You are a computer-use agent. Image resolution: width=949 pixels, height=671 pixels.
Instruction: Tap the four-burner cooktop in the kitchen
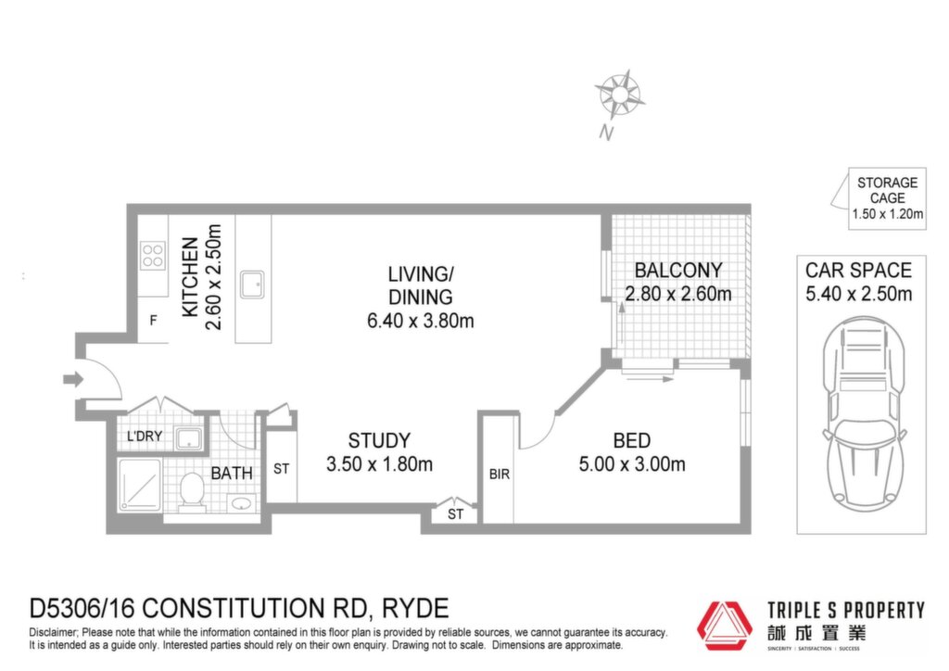[x=153, y=255]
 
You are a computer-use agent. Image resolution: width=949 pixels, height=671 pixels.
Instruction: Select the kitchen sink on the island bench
[x=252, y=285]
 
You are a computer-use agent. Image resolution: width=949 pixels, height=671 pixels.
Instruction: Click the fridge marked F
[x=153, y=320]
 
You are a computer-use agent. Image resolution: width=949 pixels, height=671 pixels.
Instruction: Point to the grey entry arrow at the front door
[x=73, y=379]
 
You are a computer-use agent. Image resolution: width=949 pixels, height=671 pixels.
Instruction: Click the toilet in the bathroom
[x=193, y=491]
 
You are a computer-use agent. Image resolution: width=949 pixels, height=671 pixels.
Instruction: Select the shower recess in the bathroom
[x=140, y=486]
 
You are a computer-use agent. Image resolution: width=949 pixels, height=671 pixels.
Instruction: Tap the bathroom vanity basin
[x=242, y=503]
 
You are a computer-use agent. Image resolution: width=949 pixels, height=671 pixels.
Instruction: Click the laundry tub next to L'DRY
[x=189, y=438]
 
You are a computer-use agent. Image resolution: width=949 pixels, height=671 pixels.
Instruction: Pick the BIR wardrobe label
[x=500, y=475]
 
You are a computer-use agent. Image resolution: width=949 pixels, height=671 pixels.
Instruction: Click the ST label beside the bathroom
[x=282, y=468]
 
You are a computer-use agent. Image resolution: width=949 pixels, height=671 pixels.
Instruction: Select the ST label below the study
[x=456, y=514]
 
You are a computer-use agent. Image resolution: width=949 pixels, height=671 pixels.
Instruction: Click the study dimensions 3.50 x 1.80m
[x=379, y=464]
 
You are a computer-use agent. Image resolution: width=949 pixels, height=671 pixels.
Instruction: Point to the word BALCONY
[x=678, y=271]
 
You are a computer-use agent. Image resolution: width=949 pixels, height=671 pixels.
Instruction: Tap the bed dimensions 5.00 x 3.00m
[x=632, y=464]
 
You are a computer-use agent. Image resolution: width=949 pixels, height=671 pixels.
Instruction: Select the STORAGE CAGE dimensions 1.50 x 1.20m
[x=888, y=213]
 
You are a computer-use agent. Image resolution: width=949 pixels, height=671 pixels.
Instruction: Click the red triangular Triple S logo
[x=725, y=626]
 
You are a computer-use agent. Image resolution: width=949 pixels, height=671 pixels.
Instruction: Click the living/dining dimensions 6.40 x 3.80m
[x=421, y=320]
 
